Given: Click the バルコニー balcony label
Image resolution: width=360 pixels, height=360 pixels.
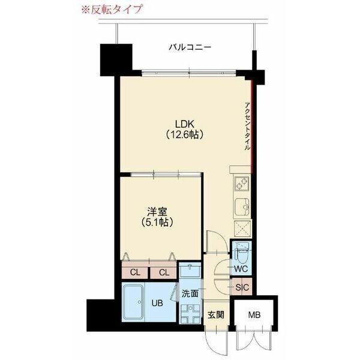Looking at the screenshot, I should click(190, 46).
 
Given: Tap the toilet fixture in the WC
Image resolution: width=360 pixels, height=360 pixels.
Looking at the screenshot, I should click(241, 251).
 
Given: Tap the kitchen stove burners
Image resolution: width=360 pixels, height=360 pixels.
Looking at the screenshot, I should click(242, 182).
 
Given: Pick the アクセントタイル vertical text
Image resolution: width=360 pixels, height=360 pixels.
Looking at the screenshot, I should click(247, 126).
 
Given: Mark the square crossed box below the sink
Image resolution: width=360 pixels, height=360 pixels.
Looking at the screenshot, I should click(242, 229).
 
